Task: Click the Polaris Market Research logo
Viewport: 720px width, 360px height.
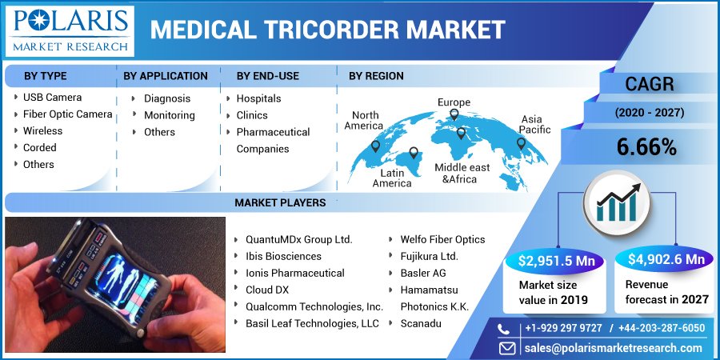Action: [x=70, y=30]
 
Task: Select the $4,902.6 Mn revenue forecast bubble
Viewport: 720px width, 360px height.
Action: [x=666, y=259]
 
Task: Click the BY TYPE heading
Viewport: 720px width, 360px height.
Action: [x=45, y=76]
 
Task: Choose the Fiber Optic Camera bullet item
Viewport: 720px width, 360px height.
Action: [x=67, y=114]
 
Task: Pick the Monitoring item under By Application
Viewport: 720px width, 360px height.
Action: [x=170, y=115]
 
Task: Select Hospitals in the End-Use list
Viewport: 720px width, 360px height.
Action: [x=258, y=98]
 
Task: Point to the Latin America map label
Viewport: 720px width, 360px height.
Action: [x=392, y=178]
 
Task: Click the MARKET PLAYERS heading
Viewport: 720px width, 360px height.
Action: [x=280, y=203]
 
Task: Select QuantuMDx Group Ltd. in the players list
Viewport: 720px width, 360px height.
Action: [x=298, y=239]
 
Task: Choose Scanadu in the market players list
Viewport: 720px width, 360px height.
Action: [x=421, y=323]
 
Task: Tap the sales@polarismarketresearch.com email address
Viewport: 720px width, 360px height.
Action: [x=613, y=348]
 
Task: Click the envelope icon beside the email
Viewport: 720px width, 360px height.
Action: [x=506, y=348]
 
